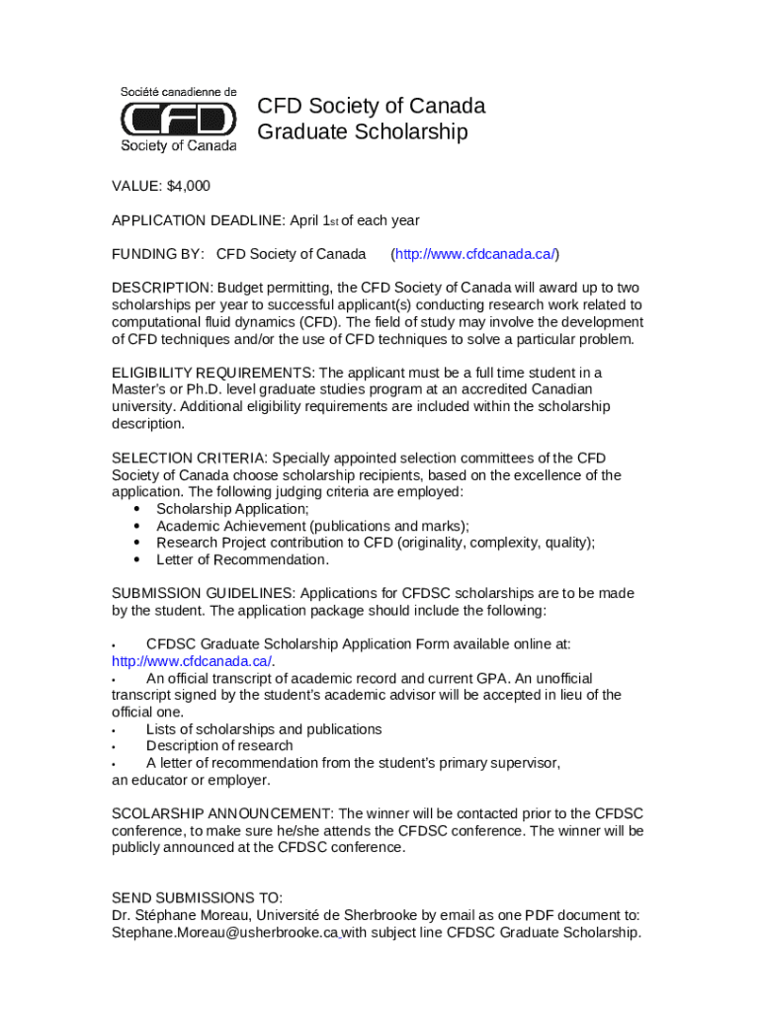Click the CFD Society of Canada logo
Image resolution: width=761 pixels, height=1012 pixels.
tap(179, 119)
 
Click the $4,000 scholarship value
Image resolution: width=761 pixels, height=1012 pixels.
tap(189, 186)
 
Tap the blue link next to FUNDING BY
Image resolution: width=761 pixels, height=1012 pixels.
tap(475, 254)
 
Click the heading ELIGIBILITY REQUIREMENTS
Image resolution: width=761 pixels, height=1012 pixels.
tap(212, 373)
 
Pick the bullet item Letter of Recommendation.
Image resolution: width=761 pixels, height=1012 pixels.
tap(242, 559)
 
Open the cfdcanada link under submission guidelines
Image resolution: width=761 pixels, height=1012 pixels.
tap(192, 661)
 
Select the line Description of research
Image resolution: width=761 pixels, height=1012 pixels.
tap(219, 746)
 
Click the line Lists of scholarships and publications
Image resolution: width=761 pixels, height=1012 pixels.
tap(264, 729)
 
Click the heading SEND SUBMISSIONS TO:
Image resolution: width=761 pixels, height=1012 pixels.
tap(197, 898)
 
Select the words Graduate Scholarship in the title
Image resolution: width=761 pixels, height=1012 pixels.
tap(363, 132)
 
